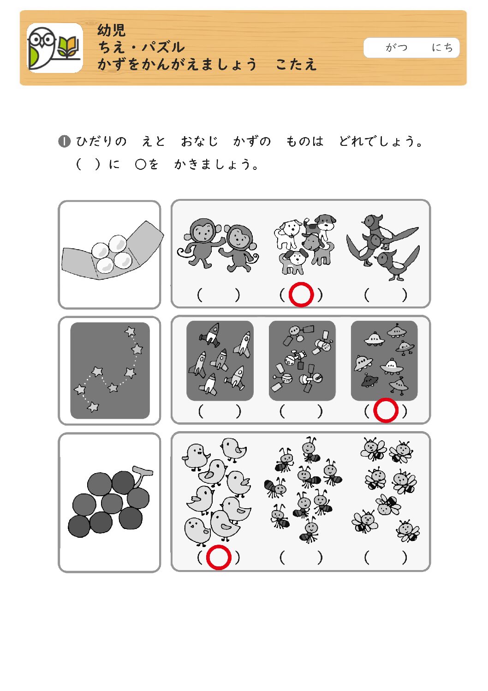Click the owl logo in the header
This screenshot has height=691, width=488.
pos(54,48)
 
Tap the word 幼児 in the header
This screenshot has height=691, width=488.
pos(112,30)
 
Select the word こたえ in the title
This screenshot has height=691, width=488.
pos(296,65)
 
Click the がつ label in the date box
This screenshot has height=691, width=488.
pos(396,48)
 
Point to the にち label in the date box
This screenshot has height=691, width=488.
pos(442,48)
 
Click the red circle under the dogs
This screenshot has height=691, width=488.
pos(301,294)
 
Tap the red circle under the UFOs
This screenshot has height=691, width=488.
pos(386,410)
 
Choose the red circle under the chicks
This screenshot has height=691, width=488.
pos(219,558)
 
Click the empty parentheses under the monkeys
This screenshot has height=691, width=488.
pos(218,295)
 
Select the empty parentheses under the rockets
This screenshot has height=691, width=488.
pos(220,411)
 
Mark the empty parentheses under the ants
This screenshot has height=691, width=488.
pos(301,558)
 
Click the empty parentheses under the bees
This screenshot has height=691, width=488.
pos(386,558)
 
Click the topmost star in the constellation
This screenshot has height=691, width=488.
pos(130,331)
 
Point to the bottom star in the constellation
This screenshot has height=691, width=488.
pos(93,407)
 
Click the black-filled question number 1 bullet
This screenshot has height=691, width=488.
pos(64,142)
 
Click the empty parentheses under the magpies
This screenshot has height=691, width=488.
pos(386,295)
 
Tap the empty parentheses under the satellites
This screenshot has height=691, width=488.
pos(301,411)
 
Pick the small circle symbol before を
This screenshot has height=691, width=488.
pos(140,164)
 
